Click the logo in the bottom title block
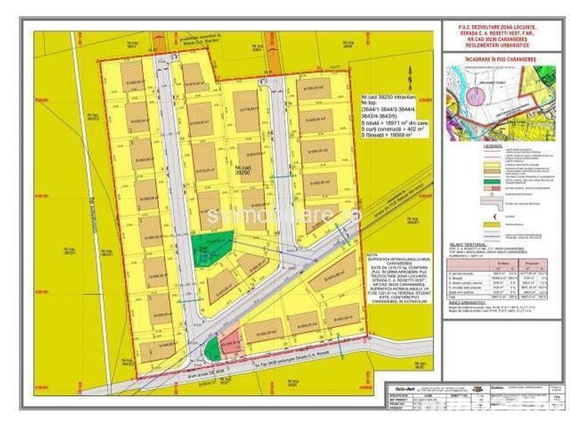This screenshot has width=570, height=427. (403, 388)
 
